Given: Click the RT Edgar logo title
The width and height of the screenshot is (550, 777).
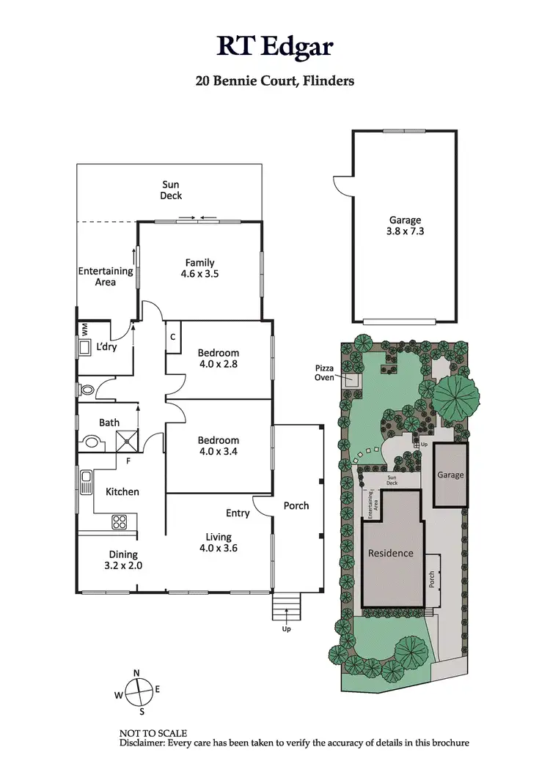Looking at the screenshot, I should coord(274,46).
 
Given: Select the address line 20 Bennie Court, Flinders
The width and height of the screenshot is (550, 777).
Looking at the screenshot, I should coord(274,81).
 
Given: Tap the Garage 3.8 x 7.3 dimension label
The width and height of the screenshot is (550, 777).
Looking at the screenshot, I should coord(405,225).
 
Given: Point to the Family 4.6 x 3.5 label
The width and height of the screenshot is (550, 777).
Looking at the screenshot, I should coord(199,268).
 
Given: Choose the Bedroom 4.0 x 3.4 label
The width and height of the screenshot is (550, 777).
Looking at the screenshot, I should coord(218,445).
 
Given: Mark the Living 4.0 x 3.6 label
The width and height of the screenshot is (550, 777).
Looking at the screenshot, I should coord(218,542).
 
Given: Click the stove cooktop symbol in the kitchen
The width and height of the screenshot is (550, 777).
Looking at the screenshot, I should coord(120,522).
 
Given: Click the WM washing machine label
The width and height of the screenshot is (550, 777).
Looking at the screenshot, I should coord(84,329).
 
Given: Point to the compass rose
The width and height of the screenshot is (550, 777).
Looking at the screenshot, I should coord(137,690).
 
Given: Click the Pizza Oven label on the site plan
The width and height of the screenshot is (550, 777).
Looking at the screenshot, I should coord(324,373).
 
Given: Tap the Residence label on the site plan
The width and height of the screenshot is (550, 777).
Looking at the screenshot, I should coord(390,553).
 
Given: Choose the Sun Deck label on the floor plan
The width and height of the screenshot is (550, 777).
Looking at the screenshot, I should coord(171,190).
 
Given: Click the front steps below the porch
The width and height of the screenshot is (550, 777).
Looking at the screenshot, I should coord(285,606).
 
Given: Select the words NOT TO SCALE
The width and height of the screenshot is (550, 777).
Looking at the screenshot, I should coord(153,733).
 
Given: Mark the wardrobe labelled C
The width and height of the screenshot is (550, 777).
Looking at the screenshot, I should coord(173,337).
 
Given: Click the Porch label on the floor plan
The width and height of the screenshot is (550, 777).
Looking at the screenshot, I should coord(296,505).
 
